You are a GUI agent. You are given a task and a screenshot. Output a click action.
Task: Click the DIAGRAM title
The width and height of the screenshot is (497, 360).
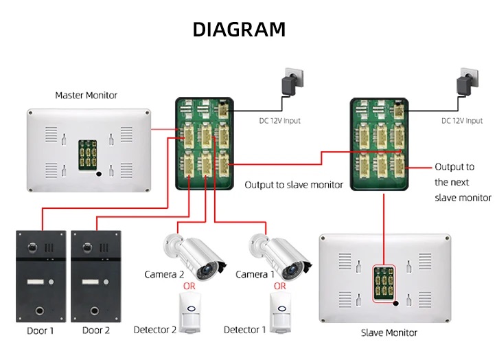[239, 30]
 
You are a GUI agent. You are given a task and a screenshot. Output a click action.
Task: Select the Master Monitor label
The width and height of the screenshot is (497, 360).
[86, 95]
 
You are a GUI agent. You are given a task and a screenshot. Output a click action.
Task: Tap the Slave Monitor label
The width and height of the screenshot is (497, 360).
[389, 333]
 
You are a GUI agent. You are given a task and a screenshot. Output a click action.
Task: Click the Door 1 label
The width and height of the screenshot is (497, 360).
[40, 330]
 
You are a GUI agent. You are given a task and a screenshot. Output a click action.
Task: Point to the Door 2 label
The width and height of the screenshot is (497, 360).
[96, 330]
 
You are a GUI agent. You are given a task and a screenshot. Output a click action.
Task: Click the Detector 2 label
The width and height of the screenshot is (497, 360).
[155, 330]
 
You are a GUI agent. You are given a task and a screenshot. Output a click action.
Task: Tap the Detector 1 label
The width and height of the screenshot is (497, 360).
[244, 330]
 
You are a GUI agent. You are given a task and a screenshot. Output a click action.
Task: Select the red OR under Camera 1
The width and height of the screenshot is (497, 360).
[279, 286]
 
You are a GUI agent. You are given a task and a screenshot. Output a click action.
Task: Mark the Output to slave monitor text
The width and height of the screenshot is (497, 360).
[294, 185]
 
